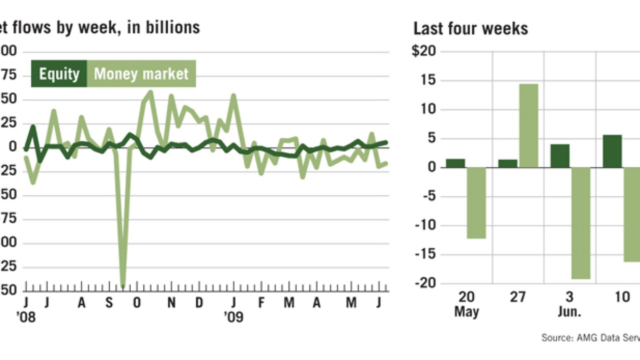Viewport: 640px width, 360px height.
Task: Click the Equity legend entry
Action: (x=59, y=74)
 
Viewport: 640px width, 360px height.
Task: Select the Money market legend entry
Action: (x=141, y=74)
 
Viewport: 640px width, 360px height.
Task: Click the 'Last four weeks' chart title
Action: (x=470, y=28)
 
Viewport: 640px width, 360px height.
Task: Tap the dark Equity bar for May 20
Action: (x=455, y=163)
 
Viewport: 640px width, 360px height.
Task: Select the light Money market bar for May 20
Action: (x=476, y=202)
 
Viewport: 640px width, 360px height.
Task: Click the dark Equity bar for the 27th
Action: (x=507, y=163)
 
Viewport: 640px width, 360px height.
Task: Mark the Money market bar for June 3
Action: (x=580, y=223)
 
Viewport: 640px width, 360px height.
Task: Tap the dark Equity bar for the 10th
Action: (x=612, y=151)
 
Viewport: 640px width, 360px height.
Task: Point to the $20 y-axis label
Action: (x=424, y=51)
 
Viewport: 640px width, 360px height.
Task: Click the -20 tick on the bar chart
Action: (x=425, y=283)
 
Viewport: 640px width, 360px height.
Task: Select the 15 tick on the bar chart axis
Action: (x=428, y=80)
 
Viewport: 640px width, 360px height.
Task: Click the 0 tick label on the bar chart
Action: (x=431, y=167)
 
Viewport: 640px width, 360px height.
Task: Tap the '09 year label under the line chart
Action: (x=233, y=317)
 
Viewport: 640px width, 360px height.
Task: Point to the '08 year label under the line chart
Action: (x=26, y=317)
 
